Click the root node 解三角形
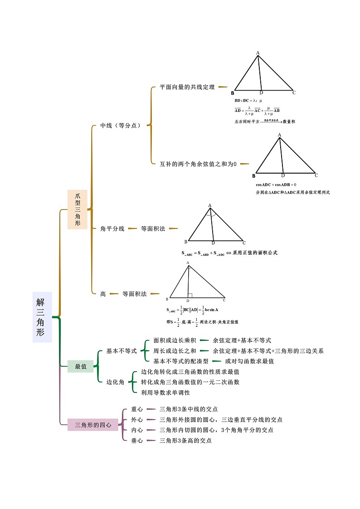click(42, 316)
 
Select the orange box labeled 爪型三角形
click(78, 209)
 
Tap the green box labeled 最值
click(81, 366)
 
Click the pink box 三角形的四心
click(93, 425)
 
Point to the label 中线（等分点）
click(120, 126)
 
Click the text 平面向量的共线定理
click(187, 87)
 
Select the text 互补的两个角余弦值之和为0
click(198, 164)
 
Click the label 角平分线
click(112, 229)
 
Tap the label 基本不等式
click(122, 351)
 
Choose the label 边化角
click(115, 382)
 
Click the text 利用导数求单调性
click(165, 393)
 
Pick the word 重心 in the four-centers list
click(137, 409)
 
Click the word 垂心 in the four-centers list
click(137, 441)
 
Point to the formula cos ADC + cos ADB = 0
click(276, 184)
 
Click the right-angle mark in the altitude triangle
click(190, 296)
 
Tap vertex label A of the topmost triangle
click(258, 53)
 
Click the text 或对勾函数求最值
click(249, 361)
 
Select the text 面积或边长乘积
click(175, 340)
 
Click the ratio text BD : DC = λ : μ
click(248, 100)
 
